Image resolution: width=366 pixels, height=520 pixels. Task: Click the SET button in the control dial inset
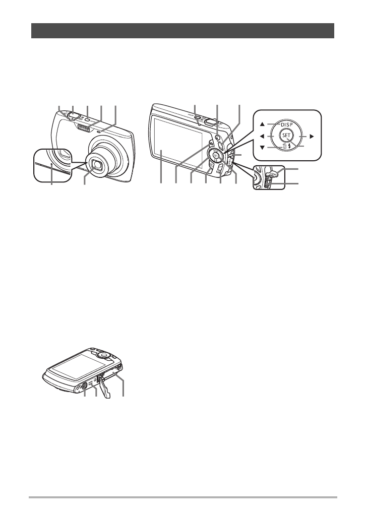point(286,136)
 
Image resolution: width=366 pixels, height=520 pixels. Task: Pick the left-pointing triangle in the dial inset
point(262,136)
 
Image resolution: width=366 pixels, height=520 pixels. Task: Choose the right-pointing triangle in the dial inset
point(312,136)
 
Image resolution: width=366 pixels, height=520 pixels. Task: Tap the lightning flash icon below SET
point(291,148)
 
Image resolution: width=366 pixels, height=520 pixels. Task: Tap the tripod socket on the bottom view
point(85,387)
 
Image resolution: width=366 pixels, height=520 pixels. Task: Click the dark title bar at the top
point(183,30)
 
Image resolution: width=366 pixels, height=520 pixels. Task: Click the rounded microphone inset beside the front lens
point(50,164)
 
